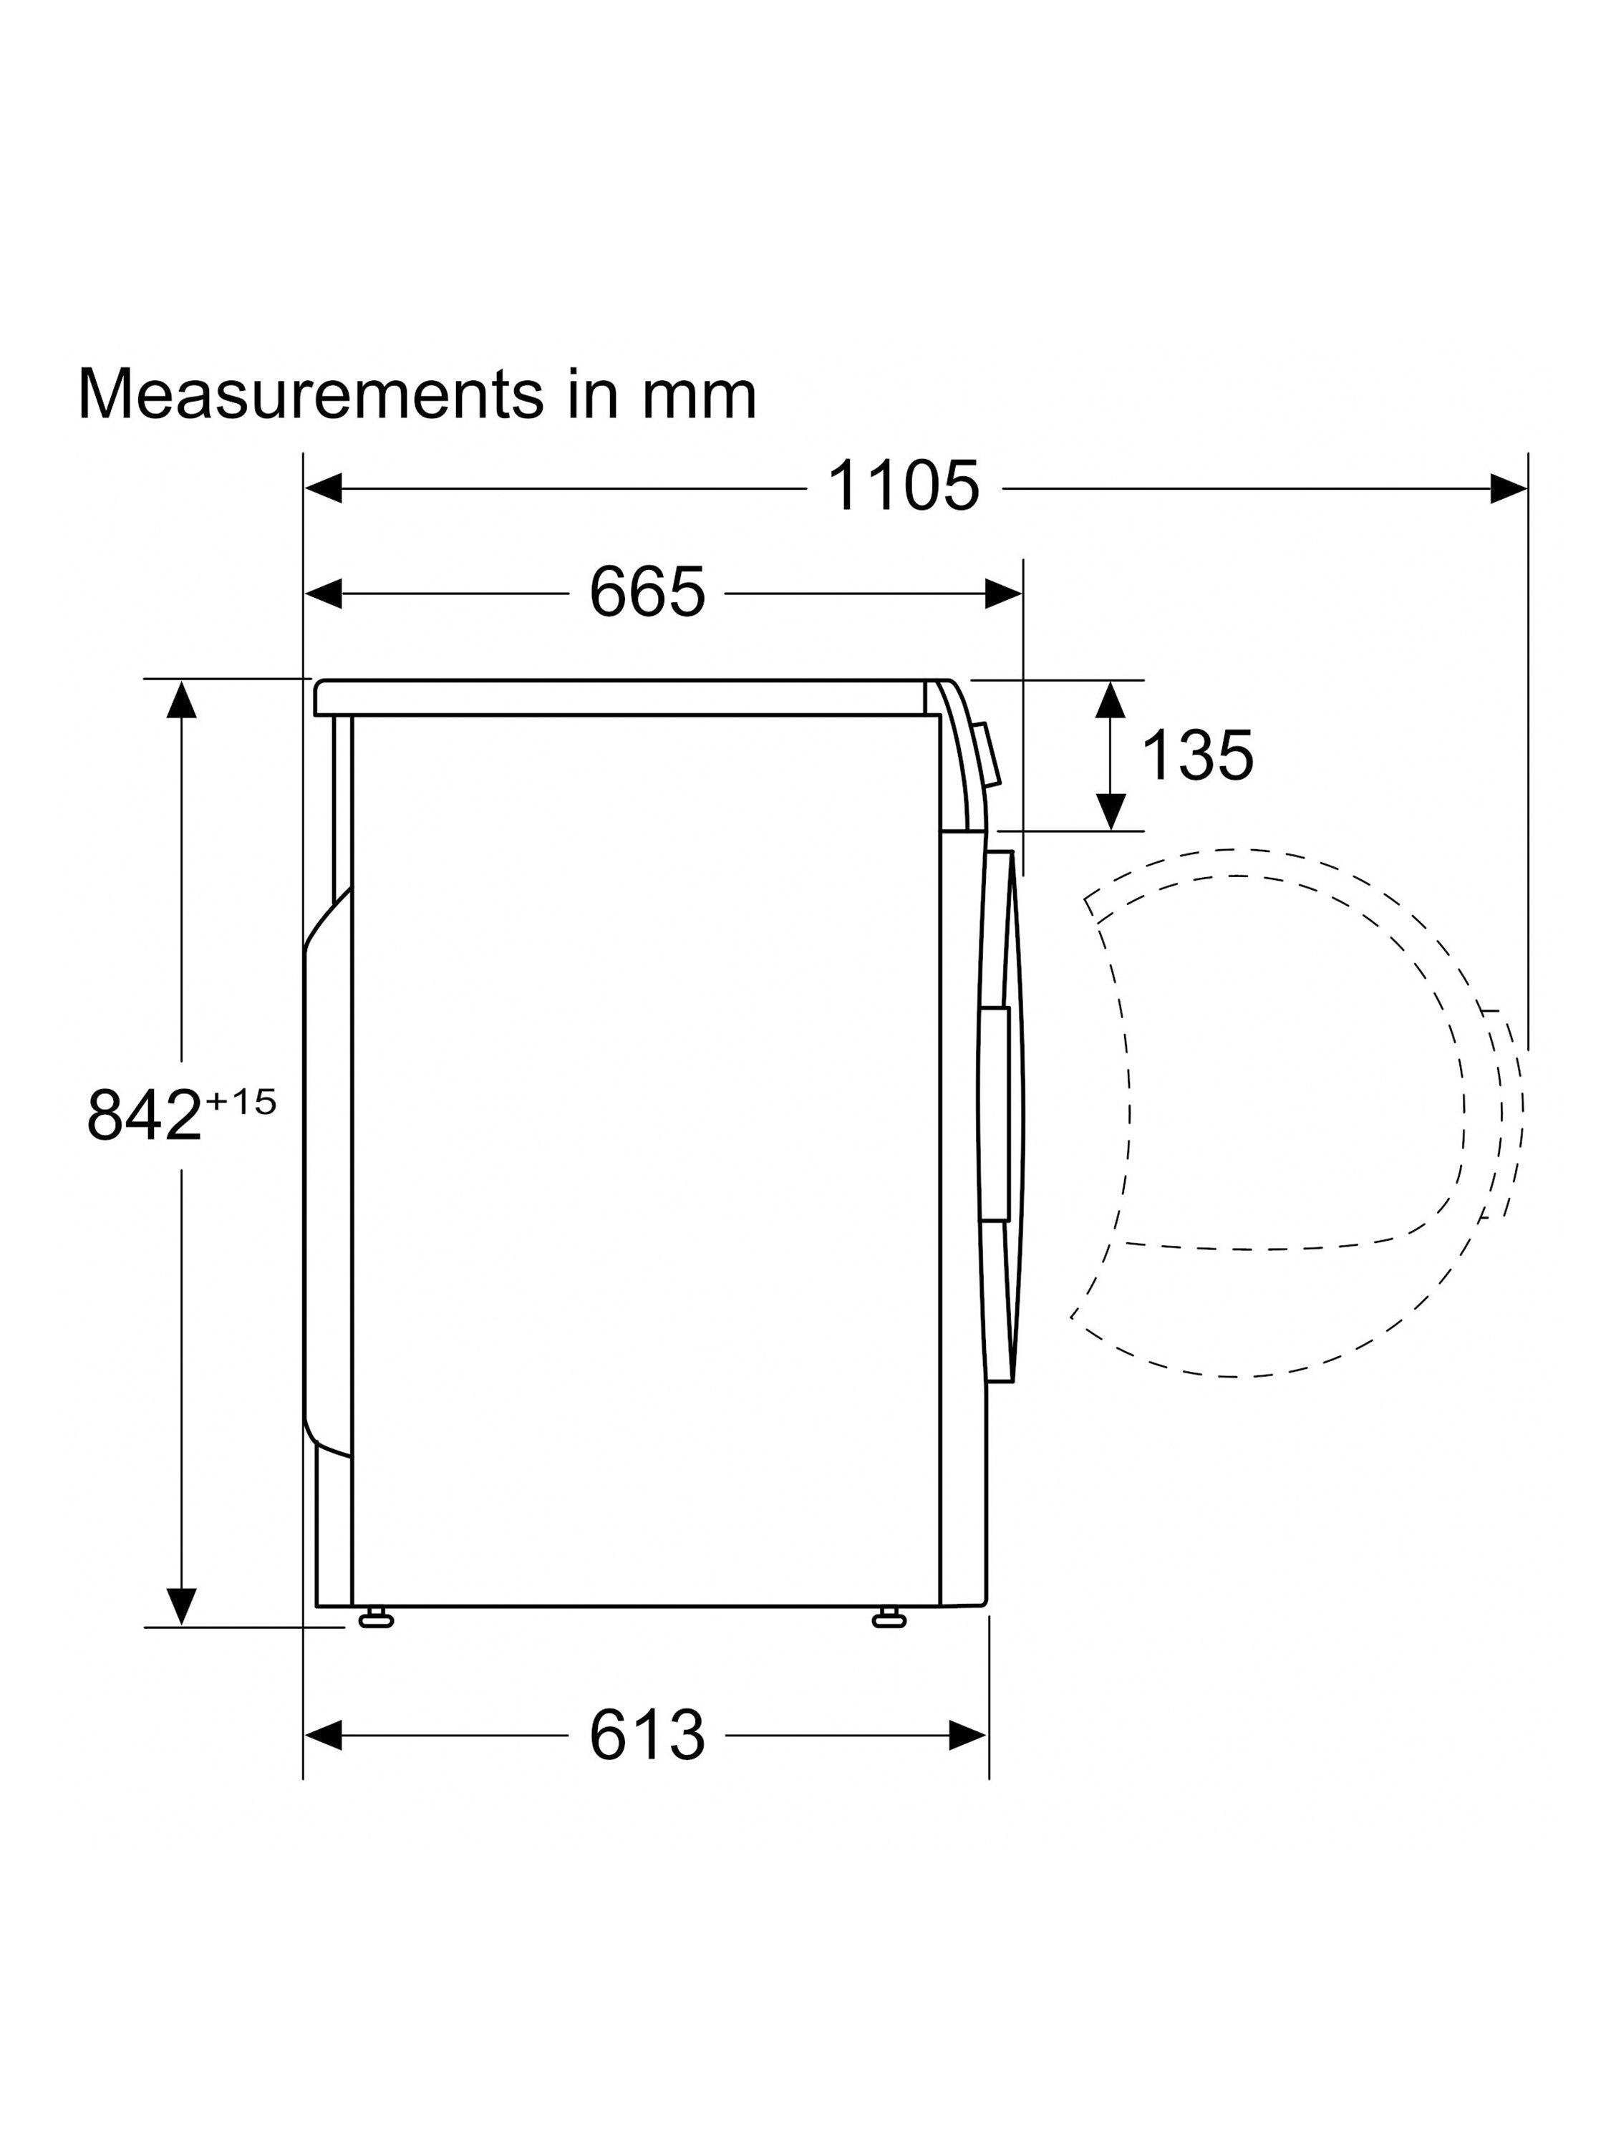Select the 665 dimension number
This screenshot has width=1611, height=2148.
pos(647,591)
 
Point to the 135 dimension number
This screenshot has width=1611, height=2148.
pos(1196,755)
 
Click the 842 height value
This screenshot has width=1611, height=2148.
pos(144,1115)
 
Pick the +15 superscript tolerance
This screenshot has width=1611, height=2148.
pos(240,1102)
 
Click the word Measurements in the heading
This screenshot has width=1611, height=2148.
pos(310,395)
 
